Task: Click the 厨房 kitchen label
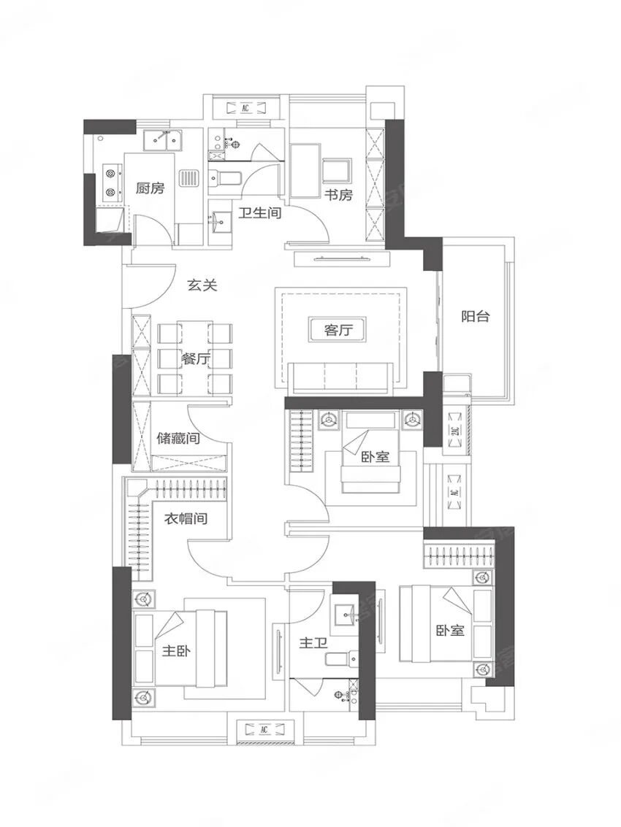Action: click(150, 188)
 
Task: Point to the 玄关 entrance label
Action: click(202, 285)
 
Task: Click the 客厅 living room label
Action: click(338, 330)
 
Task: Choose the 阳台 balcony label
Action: click(475, 317)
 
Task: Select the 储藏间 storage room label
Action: click(179, 439)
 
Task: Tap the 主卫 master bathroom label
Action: click(313, 645)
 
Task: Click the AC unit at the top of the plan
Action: click(245, 108)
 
